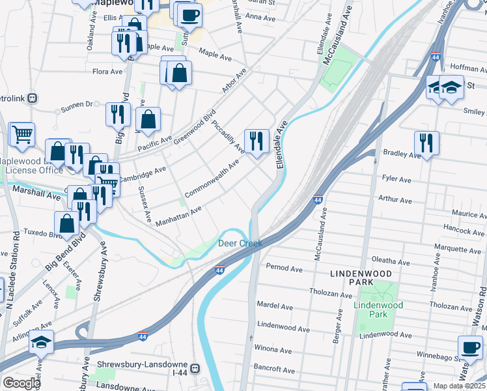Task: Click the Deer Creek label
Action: point(240,243)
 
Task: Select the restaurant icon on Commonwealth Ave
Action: point(257,141)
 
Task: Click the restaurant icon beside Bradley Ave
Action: point(426,143)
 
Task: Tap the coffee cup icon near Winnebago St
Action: point(471,349)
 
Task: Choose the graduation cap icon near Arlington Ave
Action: point(42,342)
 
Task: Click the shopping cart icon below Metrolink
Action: point(22,135)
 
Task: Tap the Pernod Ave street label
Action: point(285,268)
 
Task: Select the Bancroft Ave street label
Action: point(274,369)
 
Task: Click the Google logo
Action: point(21,383)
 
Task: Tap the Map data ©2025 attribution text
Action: point(460,386)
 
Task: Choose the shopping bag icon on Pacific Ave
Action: point(148,119)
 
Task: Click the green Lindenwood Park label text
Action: point(378,310)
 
